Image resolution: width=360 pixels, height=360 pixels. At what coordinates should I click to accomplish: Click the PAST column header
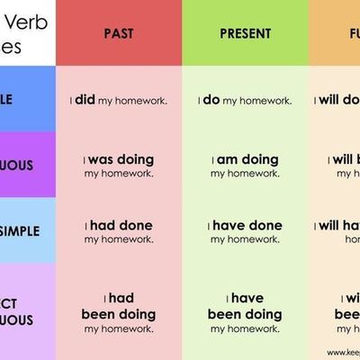point(119,34)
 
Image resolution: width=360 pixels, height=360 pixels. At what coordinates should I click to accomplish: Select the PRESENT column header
point(246,34)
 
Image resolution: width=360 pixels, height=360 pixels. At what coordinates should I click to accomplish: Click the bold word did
point(85,100)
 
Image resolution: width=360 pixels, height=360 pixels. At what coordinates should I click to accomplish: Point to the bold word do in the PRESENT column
point(211,100)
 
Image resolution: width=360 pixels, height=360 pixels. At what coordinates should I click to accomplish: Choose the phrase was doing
point(119,160)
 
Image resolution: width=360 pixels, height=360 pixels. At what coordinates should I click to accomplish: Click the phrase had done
point(119,225)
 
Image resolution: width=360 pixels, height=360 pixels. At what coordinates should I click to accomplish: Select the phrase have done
point(246,225)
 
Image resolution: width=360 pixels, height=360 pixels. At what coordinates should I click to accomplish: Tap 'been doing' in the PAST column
point(119,315)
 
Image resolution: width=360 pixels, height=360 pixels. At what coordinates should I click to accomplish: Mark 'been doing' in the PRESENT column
point(246,315)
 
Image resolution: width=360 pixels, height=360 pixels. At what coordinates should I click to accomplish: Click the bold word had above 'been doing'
point(119,298)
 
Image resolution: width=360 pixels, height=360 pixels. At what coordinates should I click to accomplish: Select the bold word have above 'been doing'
point(246,298)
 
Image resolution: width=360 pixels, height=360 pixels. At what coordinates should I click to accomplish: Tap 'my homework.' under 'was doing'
point(119,174)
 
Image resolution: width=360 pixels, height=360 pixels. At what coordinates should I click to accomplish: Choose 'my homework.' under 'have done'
point(246,239)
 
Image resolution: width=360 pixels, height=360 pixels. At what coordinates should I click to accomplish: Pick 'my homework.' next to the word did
point(132,101)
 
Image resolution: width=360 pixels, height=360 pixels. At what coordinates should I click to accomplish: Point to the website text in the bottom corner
point(343,353)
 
